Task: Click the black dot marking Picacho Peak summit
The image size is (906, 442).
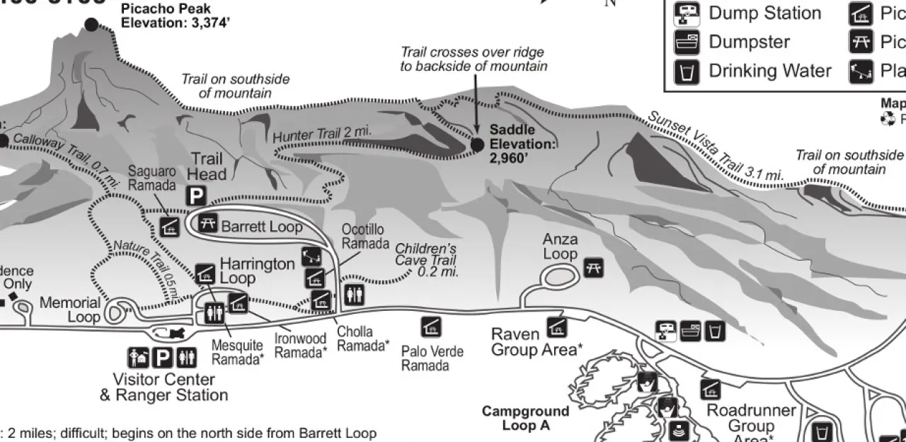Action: click(91, 25)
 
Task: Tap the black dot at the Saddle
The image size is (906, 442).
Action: click(477, 144)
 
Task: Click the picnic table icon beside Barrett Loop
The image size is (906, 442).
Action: click(208, 222)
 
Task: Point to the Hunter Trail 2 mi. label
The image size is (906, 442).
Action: click(321, 133)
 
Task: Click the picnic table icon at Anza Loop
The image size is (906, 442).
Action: click(593, 267)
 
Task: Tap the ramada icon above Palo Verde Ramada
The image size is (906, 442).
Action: click(431, 326)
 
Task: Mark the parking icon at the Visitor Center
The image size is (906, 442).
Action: click(163, 358)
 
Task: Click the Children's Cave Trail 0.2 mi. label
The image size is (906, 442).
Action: click(426, 259)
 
